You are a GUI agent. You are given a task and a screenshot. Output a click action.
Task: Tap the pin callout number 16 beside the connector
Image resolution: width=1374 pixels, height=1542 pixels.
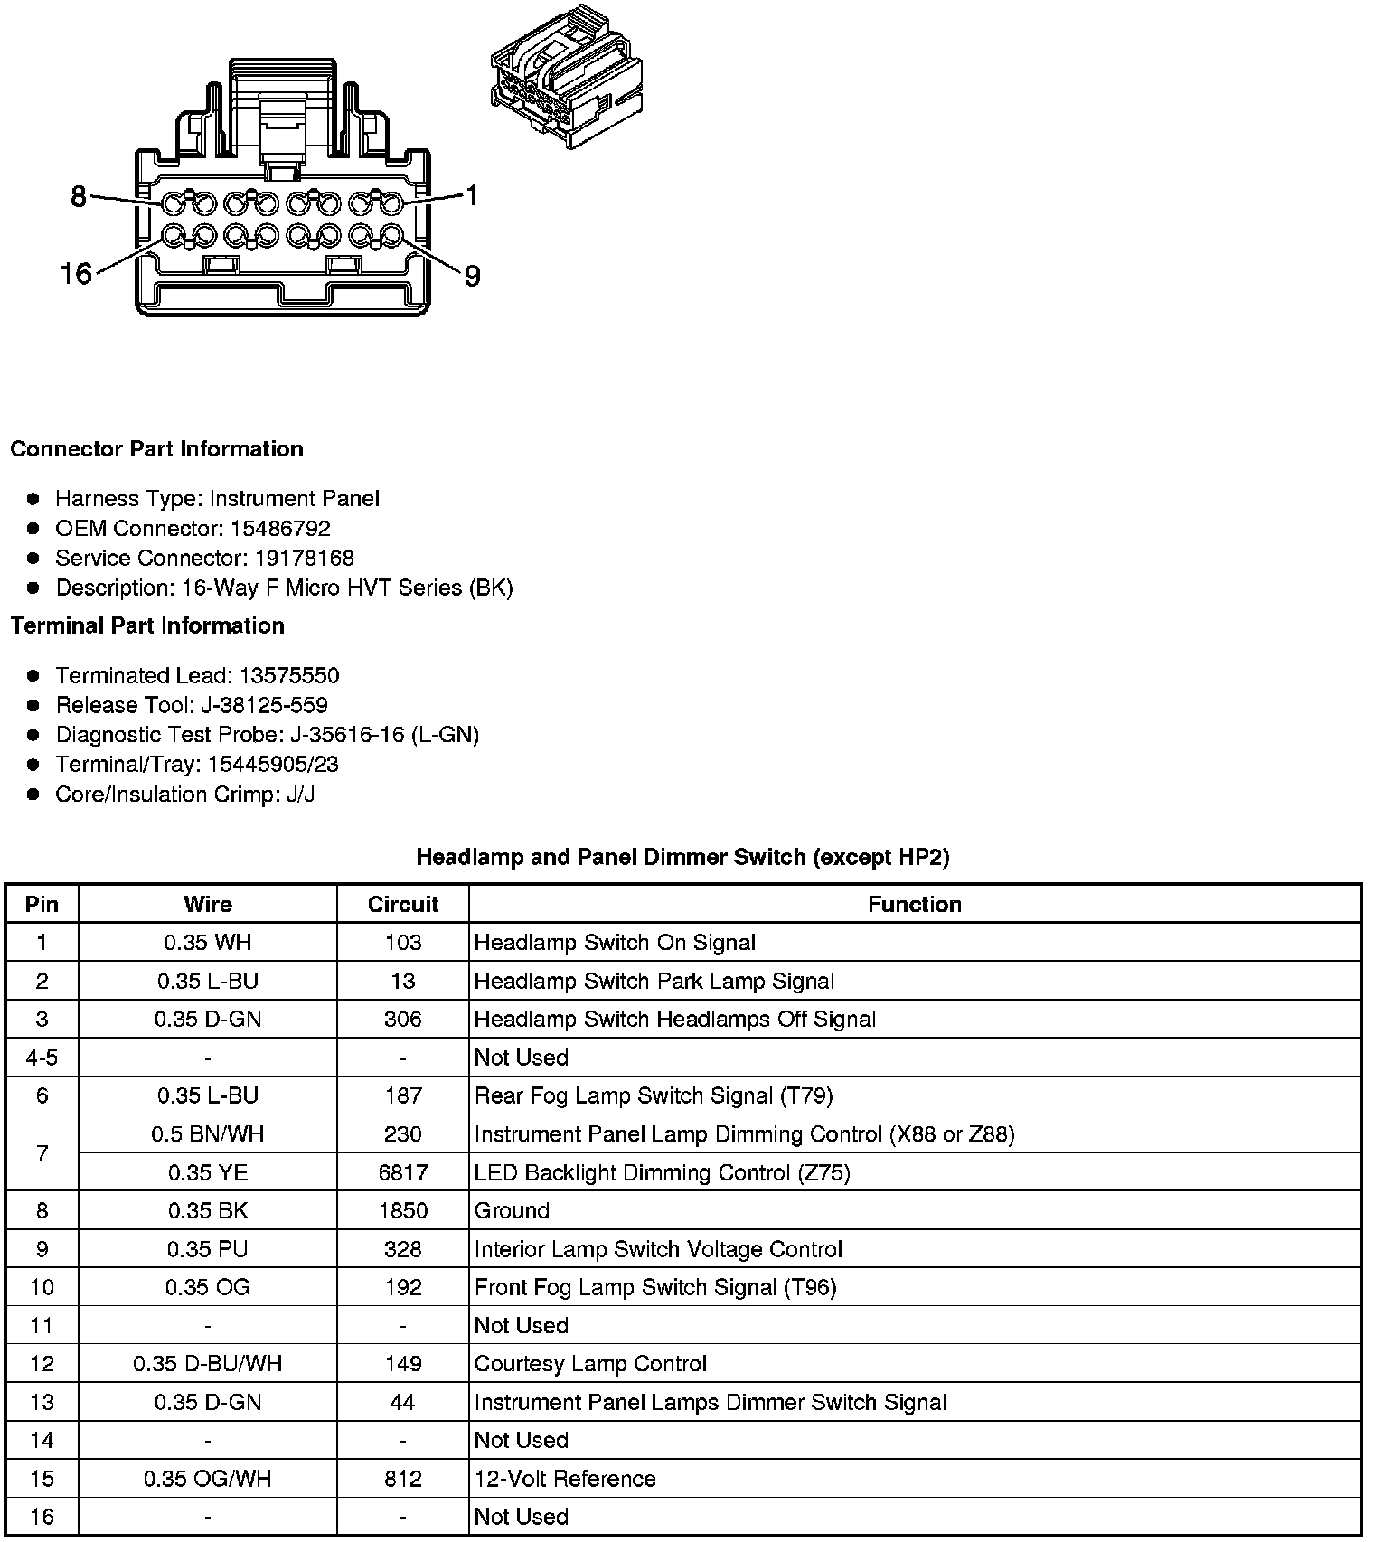pos(76,273)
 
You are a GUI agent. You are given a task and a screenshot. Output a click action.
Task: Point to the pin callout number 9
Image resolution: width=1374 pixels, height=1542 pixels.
pos(472,276)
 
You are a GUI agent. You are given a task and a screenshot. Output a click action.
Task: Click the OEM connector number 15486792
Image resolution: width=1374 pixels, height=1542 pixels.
pos(279,528)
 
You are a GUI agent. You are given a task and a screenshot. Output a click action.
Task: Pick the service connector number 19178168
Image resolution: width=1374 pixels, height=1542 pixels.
pos(300,558)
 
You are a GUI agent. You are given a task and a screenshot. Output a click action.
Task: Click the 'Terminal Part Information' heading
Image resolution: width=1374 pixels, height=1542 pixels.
pos(147,625)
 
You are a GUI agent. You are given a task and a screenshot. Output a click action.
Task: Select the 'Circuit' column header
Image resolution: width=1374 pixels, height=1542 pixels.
pos(402,904)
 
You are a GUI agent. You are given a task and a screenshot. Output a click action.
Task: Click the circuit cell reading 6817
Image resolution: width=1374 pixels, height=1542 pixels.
pos(402,1172)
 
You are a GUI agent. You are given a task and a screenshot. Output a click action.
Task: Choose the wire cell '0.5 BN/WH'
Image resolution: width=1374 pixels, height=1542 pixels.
pos(208,1133)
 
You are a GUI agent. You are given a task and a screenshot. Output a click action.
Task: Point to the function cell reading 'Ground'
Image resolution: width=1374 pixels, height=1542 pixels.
pos(512,1210)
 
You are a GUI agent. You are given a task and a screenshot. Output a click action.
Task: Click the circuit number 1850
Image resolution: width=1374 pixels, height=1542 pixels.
pos(402,1210)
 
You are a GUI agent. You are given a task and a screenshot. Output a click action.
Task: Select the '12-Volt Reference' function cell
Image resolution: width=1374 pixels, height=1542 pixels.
pos(565,1479)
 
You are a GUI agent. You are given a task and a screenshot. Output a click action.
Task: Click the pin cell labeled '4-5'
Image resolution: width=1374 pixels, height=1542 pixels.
pos(42,1058)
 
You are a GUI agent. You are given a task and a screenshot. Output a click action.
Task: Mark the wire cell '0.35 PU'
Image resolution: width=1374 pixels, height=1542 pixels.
pos(208,1249)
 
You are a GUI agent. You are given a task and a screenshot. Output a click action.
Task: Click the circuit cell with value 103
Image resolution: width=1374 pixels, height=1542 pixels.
pos(402,943)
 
